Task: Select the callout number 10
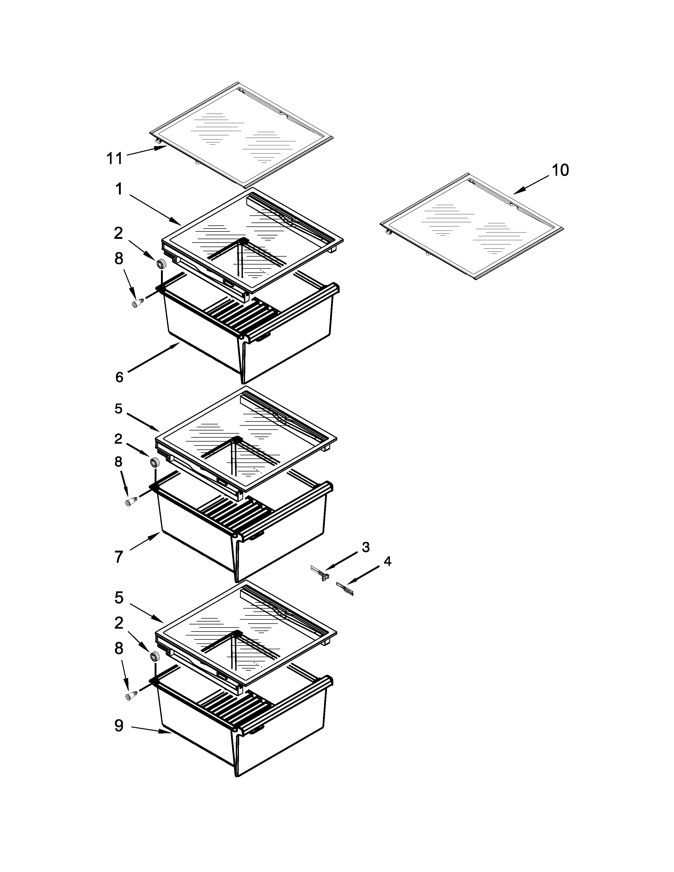click(x=560, y=170)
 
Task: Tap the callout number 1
click(x=119, y=189)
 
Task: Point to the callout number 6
click(x=119, y=377)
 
